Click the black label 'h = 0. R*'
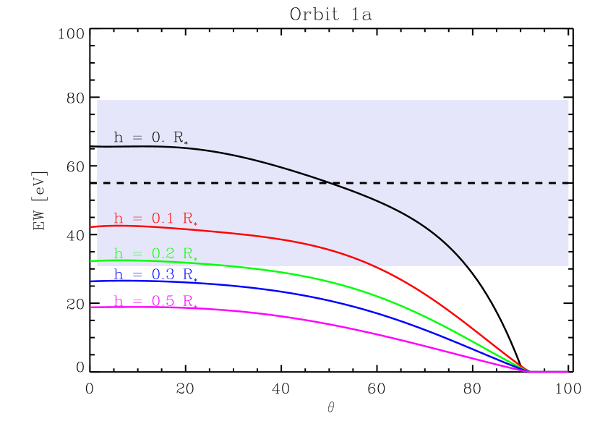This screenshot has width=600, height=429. [150, 138]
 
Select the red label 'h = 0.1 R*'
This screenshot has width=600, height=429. [155, 218]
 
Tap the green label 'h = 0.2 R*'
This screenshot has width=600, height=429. [155, 254]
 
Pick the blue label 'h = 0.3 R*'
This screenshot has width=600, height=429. [155, 275]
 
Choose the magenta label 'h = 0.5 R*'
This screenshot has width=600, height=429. [155, 302]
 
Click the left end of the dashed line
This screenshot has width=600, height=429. [104, 183]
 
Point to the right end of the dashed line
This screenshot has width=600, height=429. [568, 183]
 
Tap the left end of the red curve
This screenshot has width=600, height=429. [91, 227]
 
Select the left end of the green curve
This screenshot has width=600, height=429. [91, 260]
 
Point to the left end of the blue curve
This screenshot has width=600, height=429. [91, 281]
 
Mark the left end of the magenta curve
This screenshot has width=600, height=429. [91, 307]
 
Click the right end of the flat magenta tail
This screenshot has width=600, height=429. [567, 372]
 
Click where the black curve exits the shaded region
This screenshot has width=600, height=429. [467, 266]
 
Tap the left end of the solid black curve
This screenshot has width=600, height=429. [98, 147]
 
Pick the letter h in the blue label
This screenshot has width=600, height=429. [119, 275]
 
